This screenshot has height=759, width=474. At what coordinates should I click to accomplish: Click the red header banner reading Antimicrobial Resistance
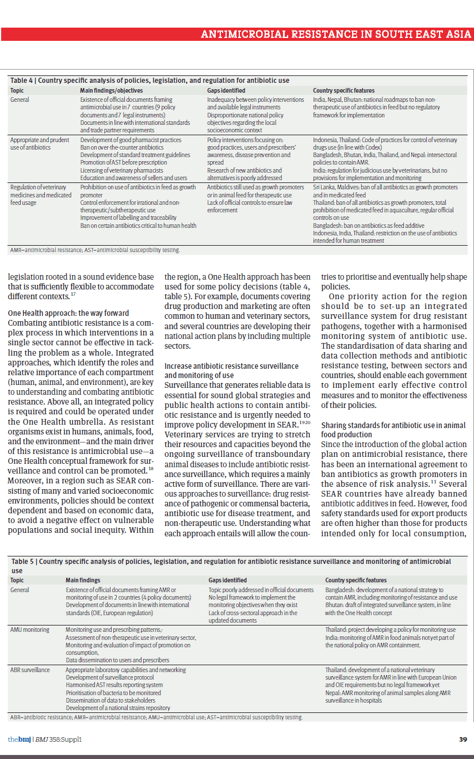click(x=336, y=34)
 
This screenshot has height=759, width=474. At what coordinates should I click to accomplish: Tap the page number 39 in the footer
click(x=463, y=739)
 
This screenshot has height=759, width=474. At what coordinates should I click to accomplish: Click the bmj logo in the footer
click(x=20, y=739)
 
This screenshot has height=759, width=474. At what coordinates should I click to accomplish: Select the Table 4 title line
click(x=150, y=81)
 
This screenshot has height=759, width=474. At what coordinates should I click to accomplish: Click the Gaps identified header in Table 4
click(x=226, y=90)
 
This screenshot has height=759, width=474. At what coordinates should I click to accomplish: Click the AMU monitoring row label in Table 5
click(x=30, y=630)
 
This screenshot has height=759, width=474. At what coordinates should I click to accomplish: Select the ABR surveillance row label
click(x=30, y=670)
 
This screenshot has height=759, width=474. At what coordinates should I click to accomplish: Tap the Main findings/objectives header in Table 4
click(x=111, y=90)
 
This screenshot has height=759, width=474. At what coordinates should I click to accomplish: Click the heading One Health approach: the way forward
click(x=68, y=313)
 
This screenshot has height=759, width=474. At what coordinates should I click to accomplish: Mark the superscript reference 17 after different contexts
click(x=73, y=295)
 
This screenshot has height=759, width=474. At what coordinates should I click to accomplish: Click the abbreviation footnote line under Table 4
click(x=95, y=250)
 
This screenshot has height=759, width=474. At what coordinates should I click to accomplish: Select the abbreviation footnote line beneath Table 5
click(x=156, y=717)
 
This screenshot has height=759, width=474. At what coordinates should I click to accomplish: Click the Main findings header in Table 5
click(x=83, y=580)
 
